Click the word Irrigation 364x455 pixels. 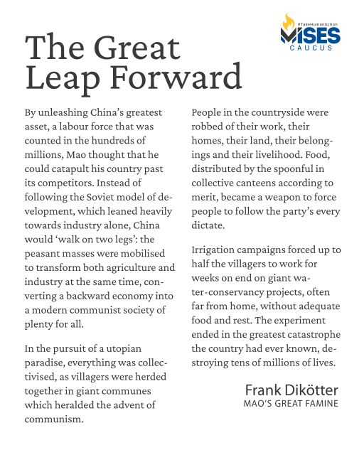click(x=218, y=250)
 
